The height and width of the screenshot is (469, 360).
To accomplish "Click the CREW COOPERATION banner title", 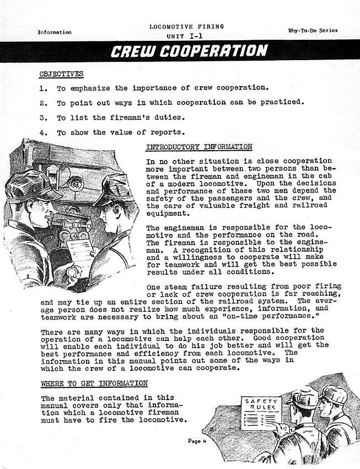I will tap(189, 51).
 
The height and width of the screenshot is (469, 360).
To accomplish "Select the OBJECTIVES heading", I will tap(61, 73).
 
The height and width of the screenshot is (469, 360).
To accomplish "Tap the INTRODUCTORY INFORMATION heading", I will tap(199, 147).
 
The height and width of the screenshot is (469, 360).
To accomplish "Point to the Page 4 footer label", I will tap(196, 441).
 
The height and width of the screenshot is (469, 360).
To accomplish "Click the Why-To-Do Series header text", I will tap(313, 30).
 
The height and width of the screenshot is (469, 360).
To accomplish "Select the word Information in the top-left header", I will tap(55, 32).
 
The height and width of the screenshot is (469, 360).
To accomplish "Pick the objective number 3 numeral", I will tap(43, 118).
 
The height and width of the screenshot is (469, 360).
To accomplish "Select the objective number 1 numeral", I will tap(43, 88).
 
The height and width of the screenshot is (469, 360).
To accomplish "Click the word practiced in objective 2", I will tap(281, 103).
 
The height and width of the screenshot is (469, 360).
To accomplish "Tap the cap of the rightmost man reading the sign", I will tap(334, 395).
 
